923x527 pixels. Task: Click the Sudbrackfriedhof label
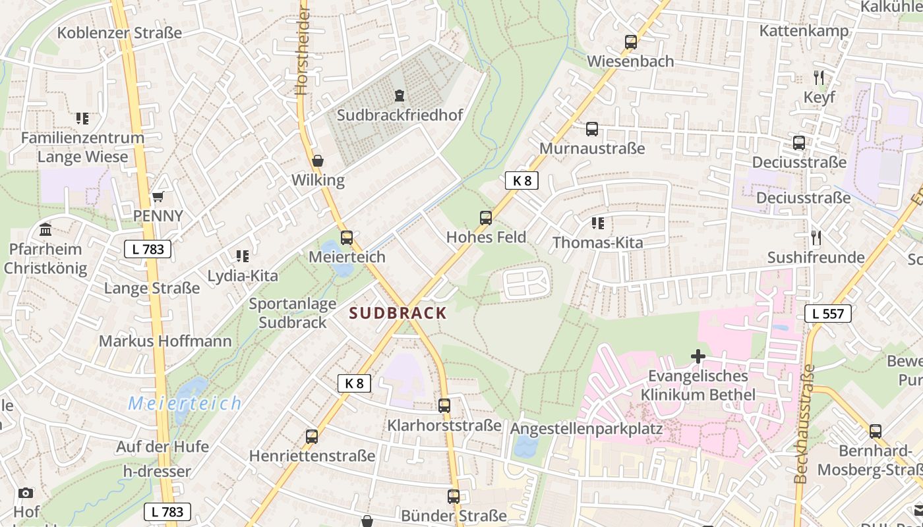pos(400,115)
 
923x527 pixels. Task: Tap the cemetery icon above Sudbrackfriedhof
pos(399,96)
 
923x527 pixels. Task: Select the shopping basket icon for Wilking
pos(318,161)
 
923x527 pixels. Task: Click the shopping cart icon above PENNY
pos(158,196)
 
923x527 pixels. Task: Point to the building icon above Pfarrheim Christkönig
pos(45,230)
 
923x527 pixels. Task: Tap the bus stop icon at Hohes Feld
pos(486,217)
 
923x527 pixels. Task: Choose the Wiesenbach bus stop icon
pos(630,42)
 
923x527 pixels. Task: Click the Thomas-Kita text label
pos(597,242)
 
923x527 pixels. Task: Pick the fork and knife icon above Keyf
pos(819,78)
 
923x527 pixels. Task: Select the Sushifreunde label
pos(816,258)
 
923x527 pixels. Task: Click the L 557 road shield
pos(828,314)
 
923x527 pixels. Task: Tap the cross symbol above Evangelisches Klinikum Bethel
pos(698,357)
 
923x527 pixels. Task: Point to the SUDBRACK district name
pos(398,313)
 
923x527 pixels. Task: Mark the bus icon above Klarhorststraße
pos(444,406)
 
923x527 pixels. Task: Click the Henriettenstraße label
pos(312,456)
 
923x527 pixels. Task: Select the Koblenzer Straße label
pos(119,33)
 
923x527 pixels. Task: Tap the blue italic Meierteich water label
pos(185,403)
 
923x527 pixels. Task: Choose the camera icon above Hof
pos(26,493)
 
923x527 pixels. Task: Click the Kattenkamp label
pos(804,31)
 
